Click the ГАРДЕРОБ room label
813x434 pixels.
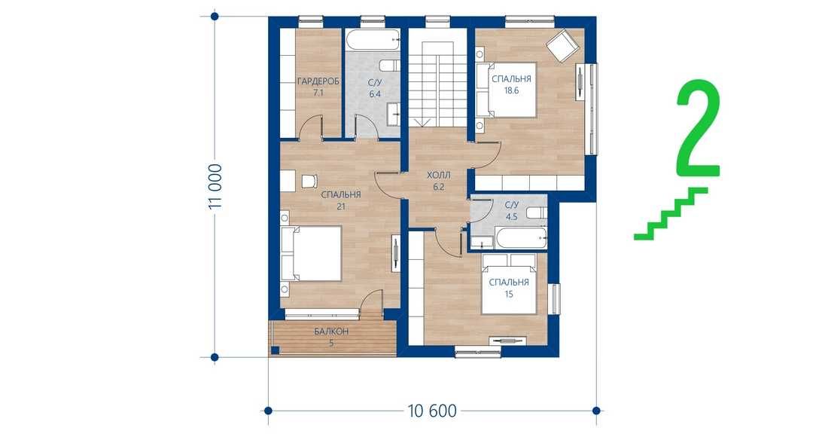click(318, 82)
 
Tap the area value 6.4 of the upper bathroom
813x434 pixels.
click(375, 94)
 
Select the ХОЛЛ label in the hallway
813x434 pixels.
click(439, 176)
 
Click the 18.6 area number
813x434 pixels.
click(511, 90)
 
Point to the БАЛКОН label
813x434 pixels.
click(331, 332)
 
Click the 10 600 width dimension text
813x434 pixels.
click(432, 411)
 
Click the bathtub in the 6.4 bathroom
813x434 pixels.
click(373, 41)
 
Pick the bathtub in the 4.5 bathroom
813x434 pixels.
click(521, 238)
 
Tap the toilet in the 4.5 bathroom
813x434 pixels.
click(537, 212)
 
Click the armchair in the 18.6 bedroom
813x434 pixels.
click(561, 45)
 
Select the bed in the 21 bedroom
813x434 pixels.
click(311, 254)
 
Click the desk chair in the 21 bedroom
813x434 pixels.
click(309, 181)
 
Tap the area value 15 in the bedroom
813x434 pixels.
click(509, 295)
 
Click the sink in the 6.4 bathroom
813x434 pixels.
click(394, 113)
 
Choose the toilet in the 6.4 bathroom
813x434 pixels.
click(390, 66)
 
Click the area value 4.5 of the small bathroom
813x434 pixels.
click(511, 216)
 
